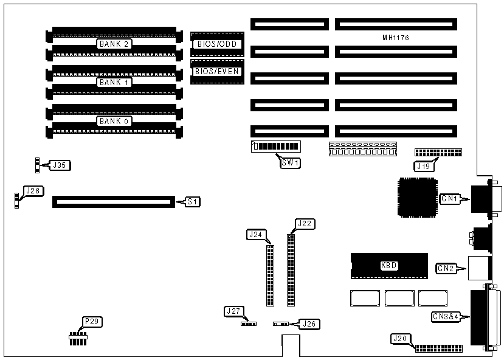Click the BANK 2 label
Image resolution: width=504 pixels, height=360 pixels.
pos(115,44)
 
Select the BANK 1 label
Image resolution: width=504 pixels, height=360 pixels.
pos(115,82)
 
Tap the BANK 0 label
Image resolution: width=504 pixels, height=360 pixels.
pos(115,121)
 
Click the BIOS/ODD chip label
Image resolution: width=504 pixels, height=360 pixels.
pos(217,44)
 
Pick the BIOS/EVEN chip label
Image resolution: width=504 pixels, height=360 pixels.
pos(217,71)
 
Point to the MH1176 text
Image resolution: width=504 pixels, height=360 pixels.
pos(395,38)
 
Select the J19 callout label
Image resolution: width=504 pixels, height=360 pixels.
pos(423,165)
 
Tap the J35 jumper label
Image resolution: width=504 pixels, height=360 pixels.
pos(60,164)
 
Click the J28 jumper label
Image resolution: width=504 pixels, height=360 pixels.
pos(32,191)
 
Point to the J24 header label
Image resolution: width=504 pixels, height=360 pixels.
pos(255,234)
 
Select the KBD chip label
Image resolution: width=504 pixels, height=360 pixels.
pos(389,265)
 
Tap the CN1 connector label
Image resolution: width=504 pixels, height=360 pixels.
pos(449,198)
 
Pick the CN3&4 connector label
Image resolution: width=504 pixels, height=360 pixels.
pos(446,316)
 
